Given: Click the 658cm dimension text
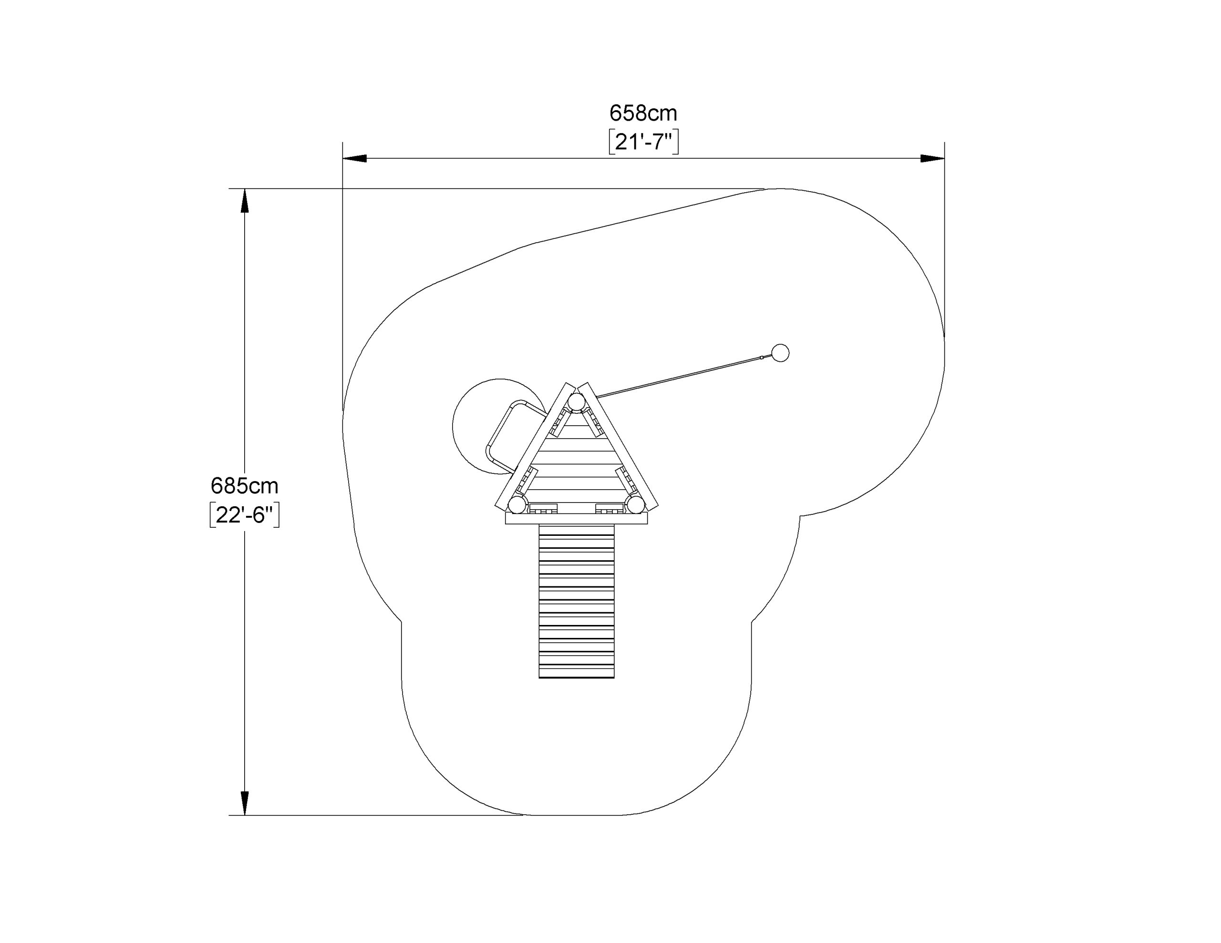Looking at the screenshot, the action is coord(643,113).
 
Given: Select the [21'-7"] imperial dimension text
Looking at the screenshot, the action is coord(643,142).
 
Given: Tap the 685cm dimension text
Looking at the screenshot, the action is coord(244,486).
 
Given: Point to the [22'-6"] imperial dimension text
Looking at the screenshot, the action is coord(244,515).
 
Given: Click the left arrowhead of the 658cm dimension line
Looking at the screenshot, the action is coord(354,159).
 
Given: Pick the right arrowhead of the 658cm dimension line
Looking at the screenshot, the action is coord(932,159).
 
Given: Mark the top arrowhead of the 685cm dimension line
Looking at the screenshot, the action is coord(244,201).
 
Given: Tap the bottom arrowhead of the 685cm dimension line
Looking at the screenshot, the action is coord(244,803).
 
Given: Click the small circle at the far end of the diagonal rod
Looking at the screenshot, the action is coord(780,353).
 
